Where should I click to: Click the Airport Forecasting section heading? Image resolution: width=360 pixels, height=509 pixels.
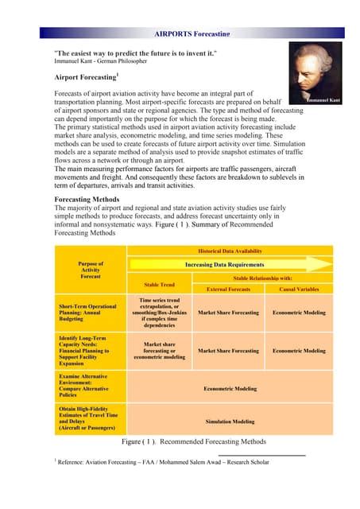tap(87, 77)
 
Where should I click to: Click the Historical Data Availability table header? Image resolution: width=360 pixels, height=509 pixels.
tap(230, 251)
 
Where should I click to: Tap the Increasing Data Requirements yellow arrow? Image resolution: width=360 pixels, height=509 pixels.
tap(230, 264)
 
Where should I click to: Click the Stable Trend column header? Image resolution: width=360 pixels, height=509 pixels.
tap(159, 283)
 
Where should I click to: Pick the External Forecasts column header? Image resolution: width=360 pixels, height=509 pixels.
tap(228, 289)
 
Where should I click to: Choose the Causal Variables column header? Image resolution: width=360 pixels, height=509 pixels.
tap(298, 289)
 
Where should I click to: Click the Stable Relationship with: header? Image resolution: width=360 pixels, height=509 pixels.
tap(263, 278)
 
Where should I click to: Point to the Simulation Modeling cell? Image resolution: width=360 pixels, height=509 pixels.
tap(230, 422)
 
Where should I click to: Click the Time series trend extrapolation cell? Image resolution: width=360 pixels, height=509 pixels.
tap(159, 313)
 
